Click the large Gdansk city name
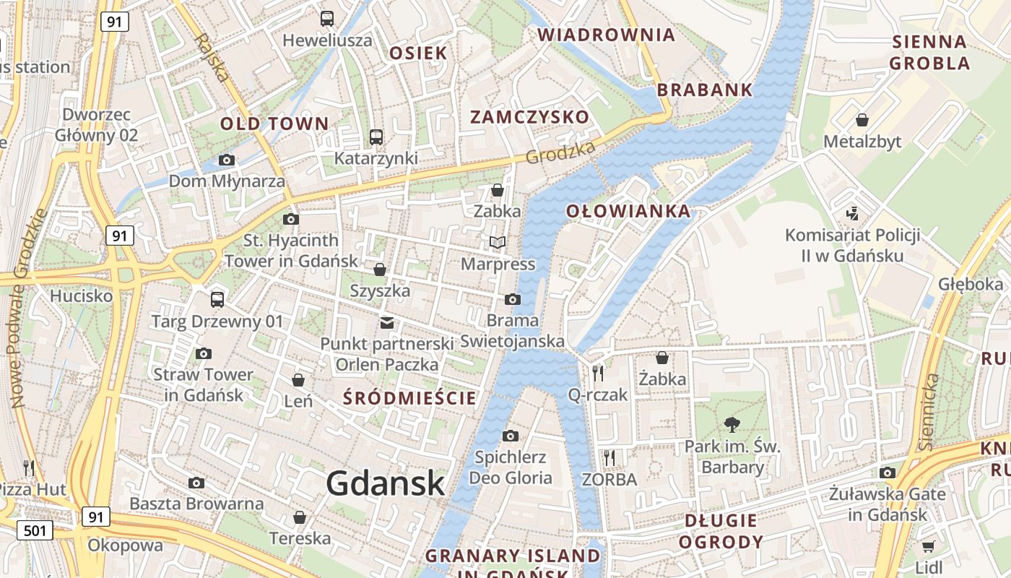[385, 483]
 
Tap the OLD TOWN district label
[274, 124]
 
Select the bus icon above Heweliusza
[327, 18]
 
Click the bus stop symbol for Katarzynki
[376, 137]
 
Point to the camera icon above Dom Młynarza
[227, 160]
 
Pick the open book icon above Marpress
[498, 242]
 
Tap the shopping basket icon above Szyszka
[380, 269]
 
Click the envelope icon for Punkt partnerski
[387, 322]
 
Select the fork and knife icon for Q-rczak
[598, 373]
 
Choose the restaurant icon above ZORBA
[609, 457]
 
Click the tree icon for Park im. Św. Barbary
[732, 424]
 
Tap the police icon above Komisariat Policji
[852, 213]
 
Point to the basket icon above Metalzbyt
[862, 119]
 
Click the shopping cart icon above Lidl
[928, 546]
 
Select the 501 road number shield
[35, 531]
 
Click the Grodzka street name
[561, 152]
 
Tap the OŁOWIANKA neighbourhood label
[628, 212]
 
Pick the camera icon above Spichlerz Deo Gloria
[511, 436]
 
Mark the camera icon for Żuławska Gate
[888, 473]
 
